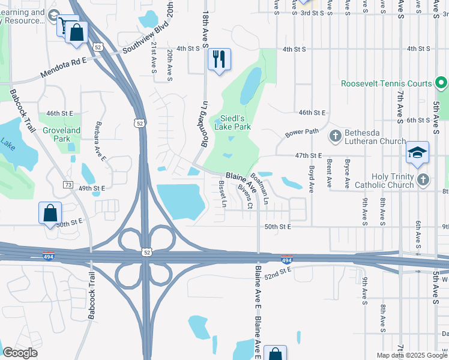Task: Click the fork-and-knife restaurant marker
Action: click(218, 59)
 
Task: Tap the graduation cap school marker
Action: click(417, 154)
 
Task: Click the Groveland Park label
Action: click(61, 134)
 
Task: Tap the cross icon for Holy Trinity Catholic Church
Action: click(423, 179)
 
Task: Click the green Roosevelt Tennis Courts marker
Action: click(441, 83)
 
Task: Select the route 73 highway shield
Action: click(68, 184)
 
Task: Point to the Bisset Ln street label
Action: click(222, 194)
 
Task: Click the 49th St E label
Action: click(92, 188)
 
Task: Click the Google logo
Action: click(20, 353)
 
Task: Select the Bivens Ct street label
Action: click(244, 196)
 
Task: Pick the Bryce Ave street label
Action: click(347, 170)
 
